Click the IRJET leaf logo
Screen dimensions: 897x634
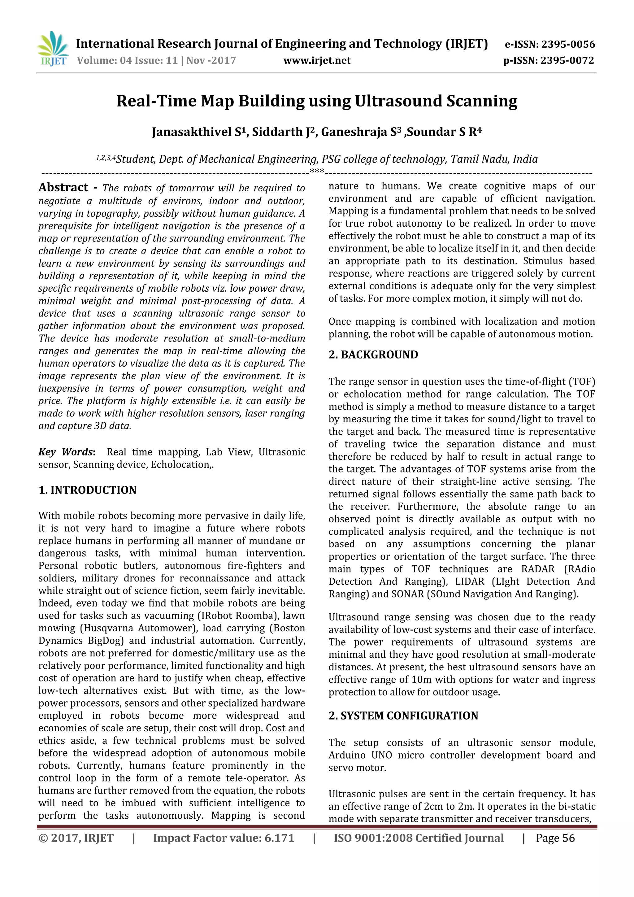(52, 48)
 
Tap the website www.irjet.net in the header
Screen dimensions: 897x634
(317, 61)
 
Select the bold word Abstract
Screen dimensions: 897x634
(63, 188)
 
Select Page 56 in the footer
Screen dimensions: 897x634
(555, 838)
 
